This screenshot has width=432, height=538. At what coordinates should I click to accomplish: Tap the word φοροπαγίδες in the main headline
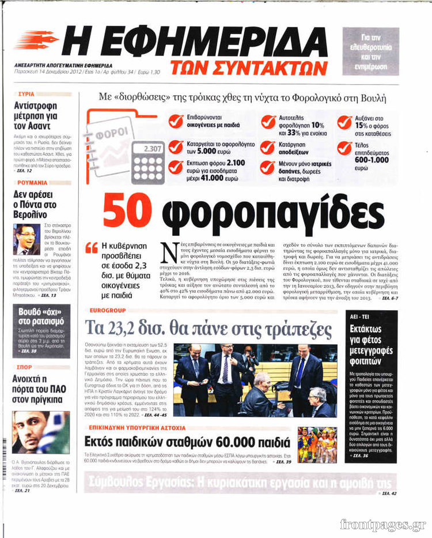tap(272, 215)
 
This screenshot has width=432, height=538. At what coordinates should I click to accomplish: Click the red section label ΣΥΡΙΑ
tap(26, 93)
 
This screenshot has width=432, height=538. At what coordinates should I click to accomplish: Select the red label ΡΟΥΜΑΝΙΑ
tap(32, 182)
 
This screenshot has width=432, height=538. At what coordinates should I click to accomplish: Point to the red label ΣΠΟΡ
tap(25, 366)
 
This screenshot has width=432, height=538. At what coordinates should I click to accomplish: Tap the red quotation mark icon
tap(92, 248)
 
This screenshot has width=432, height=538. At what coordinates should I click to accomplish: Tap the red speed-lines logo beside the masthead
tap(36, 40)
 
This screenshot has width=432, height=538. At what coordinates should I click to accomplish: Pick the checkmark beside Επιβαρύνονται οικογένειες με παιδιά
tap(176, 121)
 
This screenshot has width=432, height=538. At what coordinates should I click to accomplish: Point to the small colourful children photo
tap(317, 445)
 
